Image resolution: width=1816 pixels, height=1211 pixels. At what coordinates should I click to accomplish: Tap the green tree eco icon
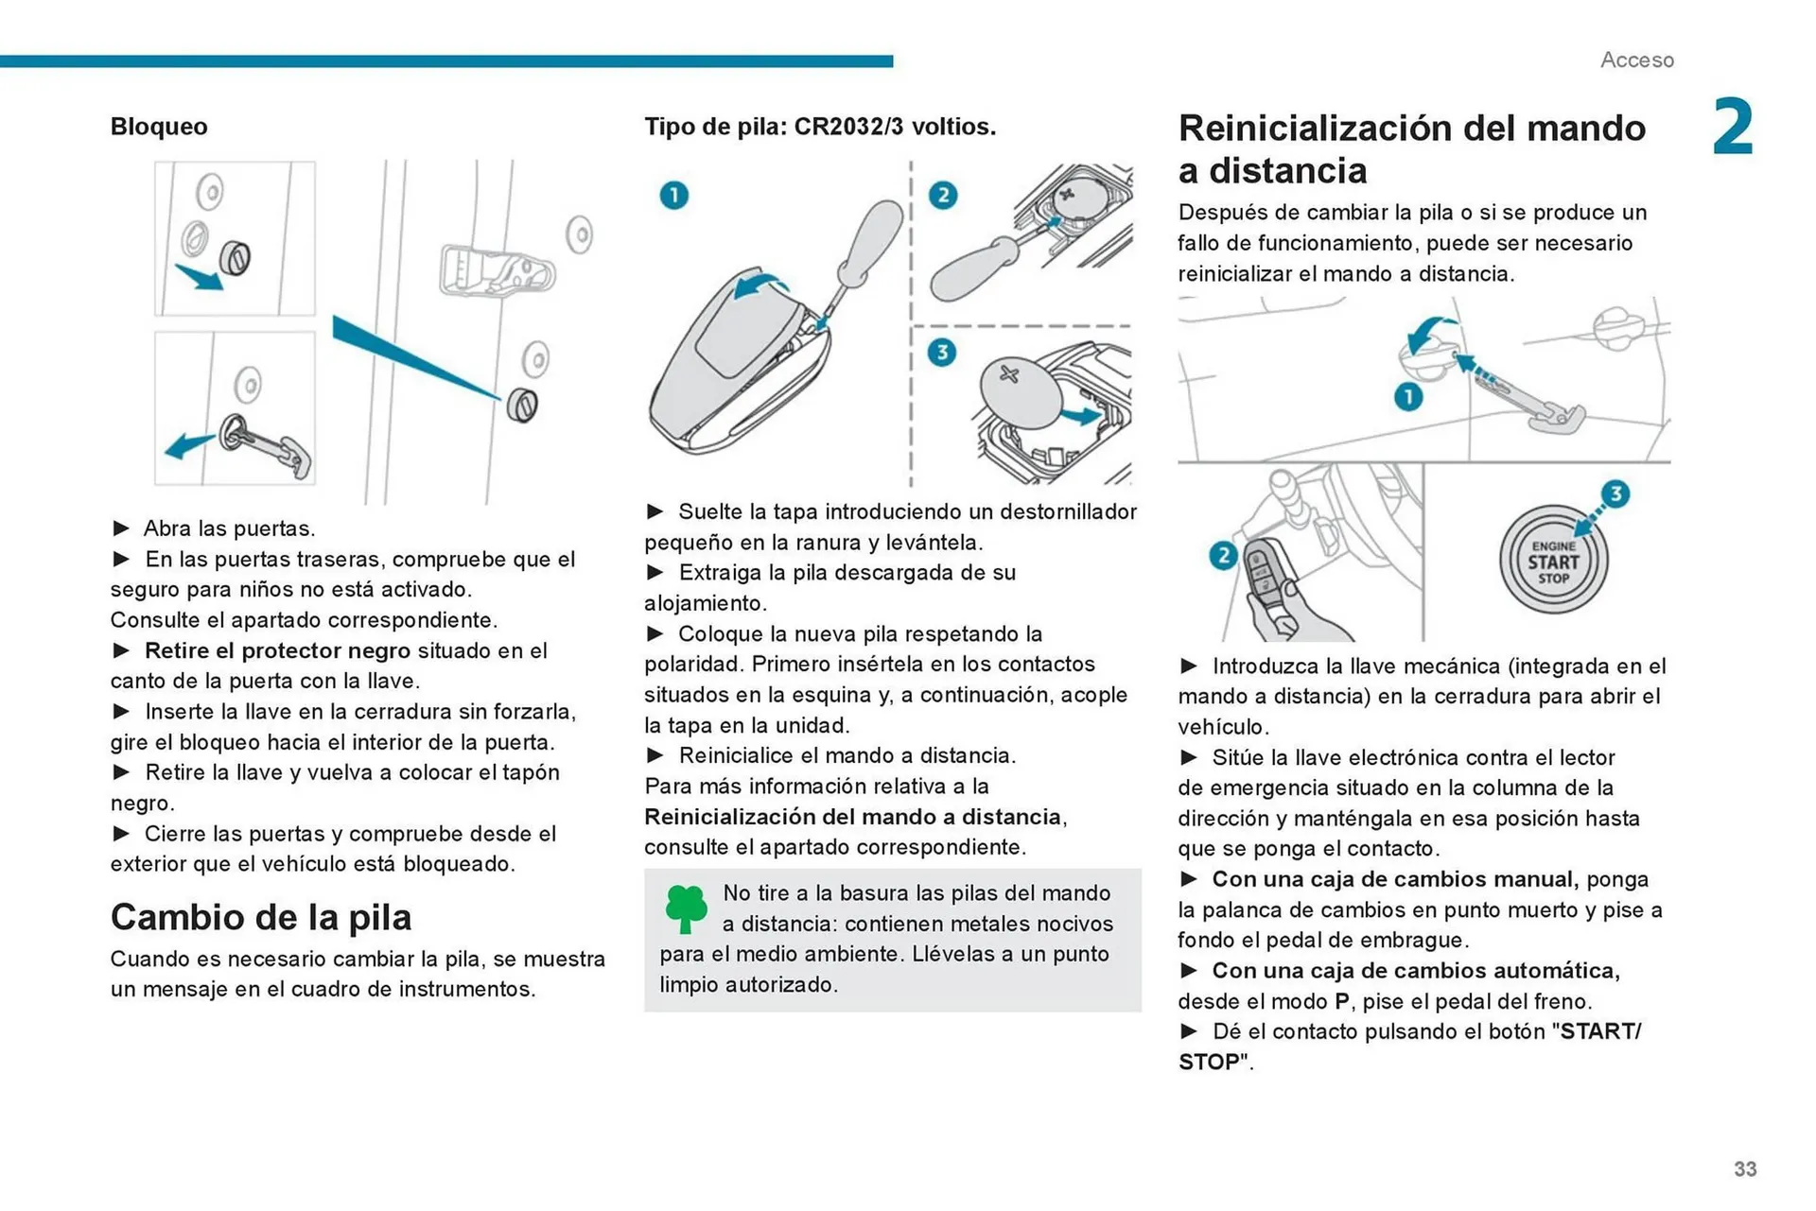coord(686,908)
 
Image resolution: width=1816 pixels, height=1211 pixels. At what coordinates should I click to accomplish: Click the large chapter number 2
coord(1733,127)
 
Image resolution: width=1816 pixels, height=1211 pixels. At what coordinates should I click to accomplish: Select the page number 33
coord(1745,1169)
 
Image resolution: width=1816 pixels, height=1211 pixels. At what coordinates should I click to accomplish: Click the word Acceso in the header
coord(1636,60)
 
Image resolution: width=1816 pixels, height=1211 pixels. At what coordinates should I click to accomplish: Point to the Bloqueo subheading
coord(159,127)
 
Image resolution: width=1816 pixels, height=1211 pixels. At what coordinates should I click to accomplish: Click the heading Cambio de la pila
coord(261,917)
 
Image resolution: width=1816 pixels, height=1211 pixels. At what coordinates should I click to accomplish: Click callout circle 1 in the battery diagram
coord(673,196)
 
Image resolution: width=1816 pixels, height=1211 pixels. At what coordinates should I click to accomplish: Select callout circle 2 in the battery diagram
coord(942,196)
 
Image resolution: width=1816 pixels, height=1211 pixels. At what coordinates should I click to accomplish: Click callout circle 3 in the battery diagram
coord(941,354)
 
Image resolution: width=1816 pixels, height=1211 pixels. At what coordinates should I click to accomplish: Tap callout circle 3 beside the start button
coord(1615,493)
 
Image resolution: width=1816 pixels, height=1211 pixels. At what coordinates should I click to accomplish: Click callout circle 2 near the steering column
coord(1223,555)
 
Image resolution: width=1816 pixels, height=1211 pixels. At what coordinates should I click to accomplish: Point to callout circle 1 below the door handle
coord(1408,397)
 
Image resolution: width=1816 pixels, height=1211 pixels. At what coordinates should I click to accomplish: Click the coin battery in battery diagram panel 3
coord(1020,391)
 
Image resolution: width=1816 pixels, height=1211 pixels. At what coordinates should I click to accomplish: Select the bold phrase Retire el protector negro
coord(277,650)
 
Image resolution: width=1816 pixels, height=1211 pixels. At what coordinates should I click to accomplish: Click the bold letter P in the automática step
coord(1341,1001)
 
